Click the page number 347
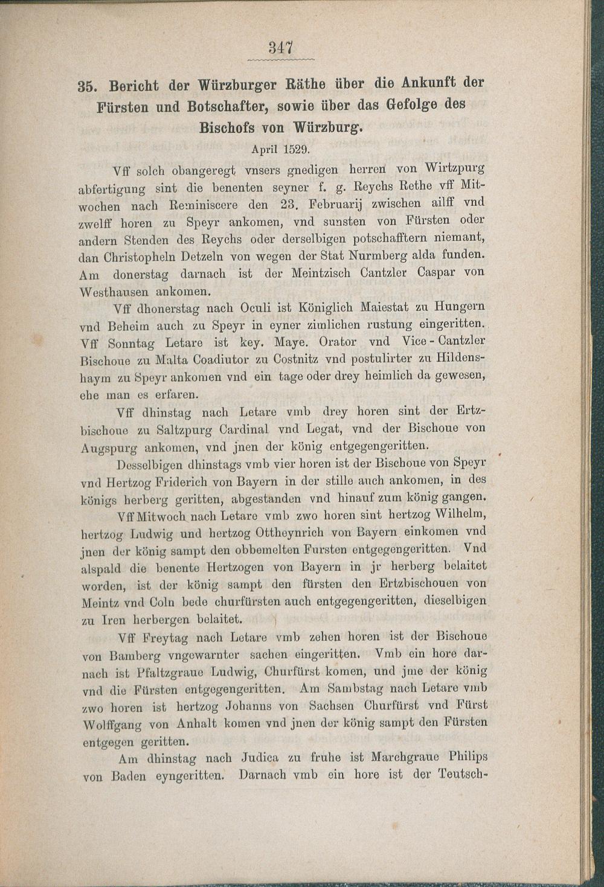point(280,47)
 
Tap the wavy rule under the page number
point(281,60)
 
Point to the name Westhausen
point(113,291)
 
